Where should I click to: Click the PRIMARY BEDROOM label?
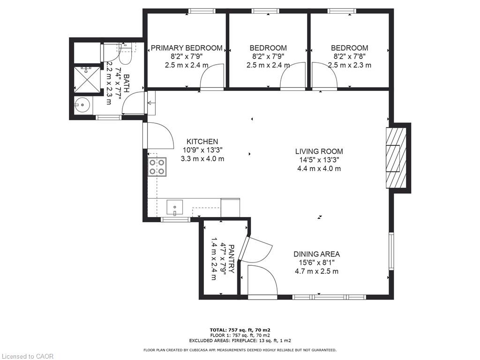click(x=187, y=48)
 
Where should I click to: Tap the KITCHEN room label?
click(x=202, y=142)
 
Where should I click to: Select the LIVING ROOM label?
click(x=319, y=151)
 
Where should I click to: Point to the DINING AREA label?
click(x=316, y=254)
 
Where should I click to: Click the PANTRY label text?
click(x=232, y=259)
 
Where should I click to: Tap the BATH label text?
click(x=126, y=83)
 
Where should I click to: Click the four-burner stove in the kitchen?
click(x=157, y=167)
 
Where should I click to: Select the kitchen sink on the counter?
click(x=174, y=208)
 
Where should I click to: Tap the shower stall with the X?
click(x=87, y=79)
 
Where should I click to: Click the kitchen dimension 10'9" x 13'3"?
click(x=202, y=150)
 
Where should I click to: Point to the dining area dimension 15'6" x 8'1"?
click(x=316, y=262)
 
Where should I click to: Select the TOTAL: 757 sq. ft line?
click(x=240, y=330)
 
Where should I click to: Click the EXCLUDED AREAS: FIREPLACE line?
click(x=240, y=340)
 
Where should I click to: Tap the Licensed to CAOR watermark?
click(x=27, y=356)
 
